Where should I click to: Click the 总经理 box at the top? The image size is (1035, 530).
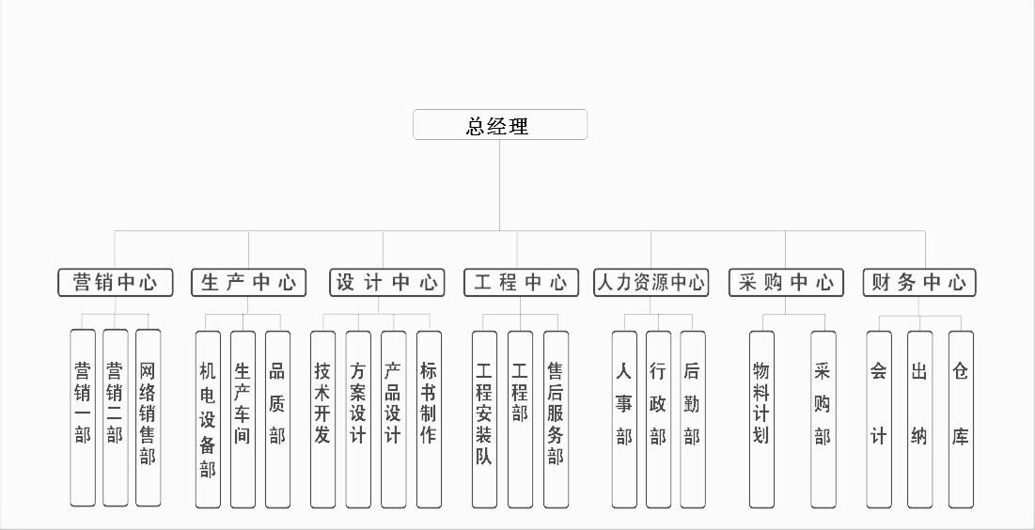(500, 125)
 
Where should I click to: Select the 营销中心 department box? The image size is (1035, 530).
(116, 283)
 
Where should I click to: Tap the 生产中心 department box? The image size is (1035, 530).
(249, 283)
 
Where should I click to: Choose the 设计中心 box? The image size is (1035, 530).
(386, 283)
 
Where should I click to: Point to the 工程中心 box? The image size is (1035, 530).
(521, 283)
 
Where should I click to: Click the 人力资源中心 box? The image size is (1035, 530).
(651, 283)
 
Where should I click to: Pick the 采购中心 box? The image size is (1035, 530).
(786, 283)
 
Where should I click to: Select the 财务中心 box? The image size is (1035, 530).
(919, 283)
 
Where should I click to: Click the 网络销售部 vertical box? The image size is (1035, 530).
(148, 418)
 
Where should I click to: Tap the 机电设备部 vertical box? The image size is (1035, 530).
(208, 419)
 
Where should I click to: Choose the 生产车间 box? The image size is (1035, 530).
(243, 419)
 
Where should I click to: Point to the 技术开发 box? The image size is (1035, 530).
(322, 419)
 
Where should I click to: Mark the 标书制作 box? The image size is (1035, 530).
(429, 419)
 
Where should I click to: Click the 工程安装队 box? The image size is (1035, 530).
(484, 419)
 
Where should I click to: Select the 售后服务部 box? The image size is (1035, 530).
(556, 419)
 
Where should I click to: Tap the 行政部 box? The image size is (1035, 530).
(658, 419)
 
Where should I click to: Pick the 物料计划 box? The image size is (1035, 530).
(761, 419)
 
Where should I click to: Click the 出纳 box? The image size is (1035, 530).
(919, 419)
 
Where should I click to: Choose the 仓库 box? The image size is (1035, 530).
(961, 419)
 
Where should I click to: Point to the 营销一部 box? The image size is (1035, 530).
(83, 418)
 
